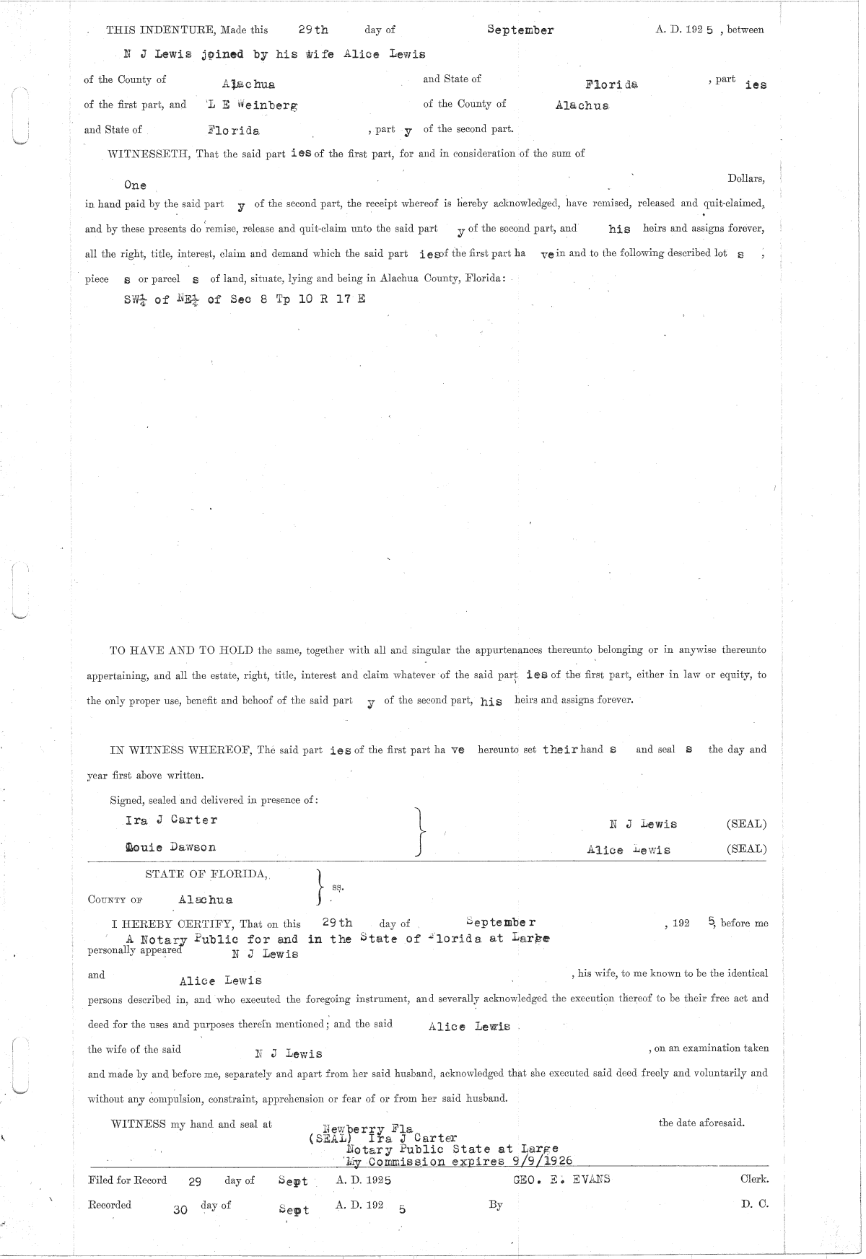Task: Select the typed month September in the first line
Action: coord(520,30)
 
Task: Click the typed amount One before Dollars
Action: coord(135,185)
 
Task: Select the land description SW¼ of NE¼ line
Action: coord(245,299)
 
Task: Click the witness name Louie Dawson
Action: coord(170,847)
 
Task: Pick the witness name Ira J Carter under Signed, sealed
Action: coord(171,820)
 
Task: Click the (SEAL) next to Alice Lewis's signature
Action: coord(746,849)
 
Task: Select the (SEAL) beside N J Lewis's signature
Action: coord(746,824)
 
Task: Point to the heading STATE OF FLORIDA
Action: coord(206,874)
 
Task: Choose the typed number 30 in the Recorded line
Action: coord(180,1211)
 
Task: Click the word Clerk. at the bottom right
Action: coord(754,1179)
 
